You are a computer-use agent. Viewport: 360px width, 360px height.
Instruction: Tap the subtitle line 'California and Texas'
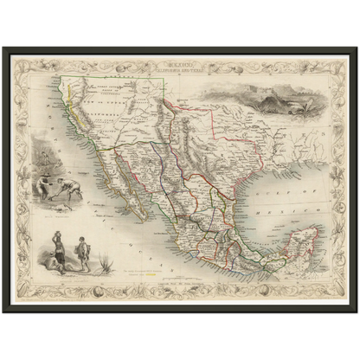pyautogui.click(x=180, y=68)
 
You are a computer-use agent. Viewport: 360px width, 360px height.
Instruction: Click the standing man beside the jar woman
pyautogui.click(x=83, y=254)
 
